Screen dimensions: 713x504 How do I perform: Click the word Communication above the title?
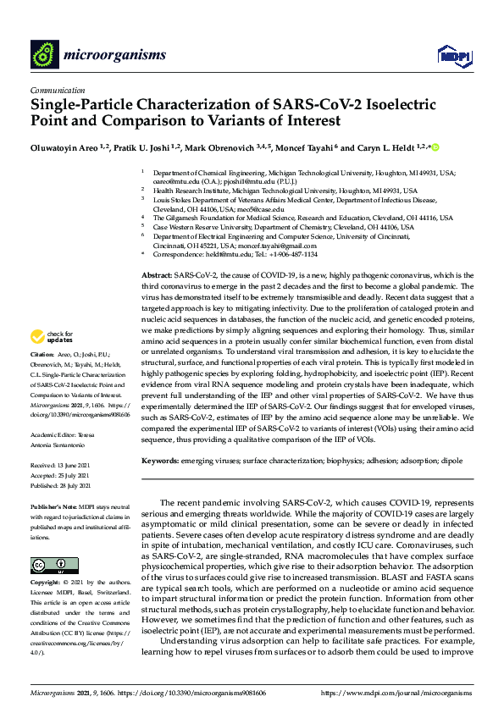57,90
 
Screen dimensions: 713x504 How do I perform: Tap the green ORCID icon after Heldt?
435,148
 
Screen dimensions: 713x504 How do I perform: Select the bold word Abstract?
155,277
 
